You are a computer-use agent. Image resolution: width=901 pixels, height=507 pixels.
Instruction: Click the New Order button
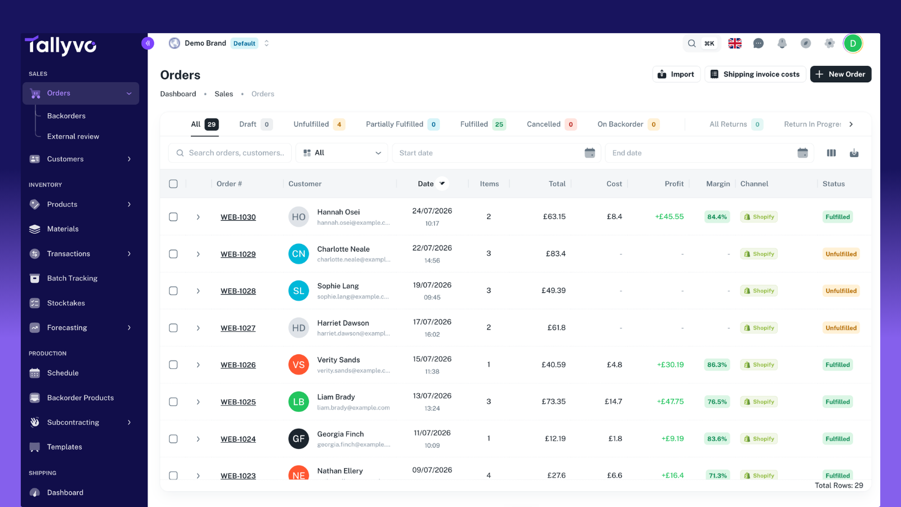pyautogui.click(x=840, y=74)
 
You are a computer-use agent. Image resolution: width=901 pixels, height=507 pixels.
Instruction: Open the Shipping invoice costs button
pyautogui.click(x=755, y=74)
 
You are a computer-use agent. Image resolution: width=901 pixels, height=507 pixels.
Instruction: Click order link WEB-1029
pyautogui.click(x=238, y=254)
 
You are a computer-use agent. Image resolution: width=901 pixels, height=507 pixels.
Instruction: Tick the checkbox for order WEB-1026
pyautogui.click(x=173, y=364)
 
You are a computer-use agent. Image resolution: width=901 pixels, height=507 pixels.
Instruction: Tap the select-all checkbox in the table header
pyautogui.click(x=173, y=184)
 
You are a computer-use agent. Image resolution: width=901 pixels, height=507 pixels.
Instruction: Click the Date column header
pyautogui.click(x=426, y=184)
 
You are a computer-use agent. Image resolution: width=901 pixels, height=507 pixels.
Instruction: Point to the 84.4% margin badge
pyautogui.click(x=717, y=217)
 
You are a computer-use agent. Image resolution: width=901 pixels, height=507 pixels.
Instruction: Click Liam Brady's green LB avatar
pyautogui.click(x=298, y=402)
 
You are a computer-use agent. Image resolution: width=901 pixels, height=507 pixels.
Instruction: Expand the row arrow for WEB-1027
pyautogui.click(x=198, y=328)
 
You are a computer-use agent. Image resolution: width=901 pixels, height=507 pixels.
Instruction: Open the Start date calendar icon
pyautogui.click(x=590, y=153)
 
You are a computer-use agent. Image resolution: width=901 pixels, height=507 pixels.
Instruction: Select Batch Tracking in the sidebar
pyautogui.click(x=72, y=278)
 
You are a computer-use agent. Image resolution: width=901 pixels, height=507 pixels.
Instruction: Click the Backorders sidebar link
pyautogui.click(x=66, y=116)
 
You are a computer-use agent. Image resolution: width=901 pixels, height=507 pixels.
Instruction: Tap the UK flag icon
pyautogui.click(x=734, y=43)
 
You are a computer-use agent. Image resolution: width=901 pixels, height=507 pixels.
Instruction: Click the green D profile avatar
pyautogui.click(x=853, y=43)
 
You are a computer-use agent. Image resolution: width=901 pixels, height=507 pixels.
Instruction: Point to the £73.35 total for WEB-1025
pyautogui.click(x=554, y=402)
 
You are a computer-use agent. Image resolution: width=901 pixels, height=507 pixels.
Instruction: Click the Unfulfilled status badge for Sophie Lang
pyautogui.click(x=841, y=291)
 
